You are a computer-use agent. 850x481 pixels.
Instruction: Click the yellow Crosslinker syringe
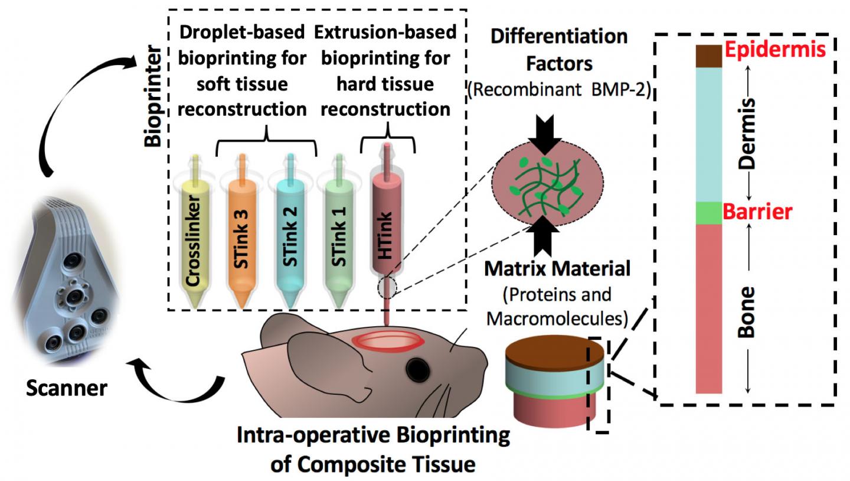coord(193,236)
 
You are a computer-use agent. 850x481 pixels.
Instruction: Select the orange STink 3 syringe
coord(241,236)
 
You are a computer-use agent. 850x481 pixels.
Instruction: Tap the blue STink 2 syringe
coord(289,236)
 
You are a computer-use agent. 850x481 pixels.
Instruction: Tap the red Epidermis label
coord(774,50)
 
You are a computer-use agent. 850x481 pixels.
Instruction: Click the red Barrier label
coord(757,212)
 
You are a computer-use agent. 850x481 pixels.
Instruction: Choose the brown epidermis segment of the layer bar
coord(709,56)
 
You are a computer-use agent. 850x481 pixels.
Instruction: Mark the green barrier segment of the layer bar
coord(709,213)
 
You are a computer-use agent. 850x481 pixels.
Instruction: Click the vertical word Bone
coord(747,311)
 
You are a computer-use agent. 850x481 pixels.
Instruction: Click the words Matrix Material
coord(557,269)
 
